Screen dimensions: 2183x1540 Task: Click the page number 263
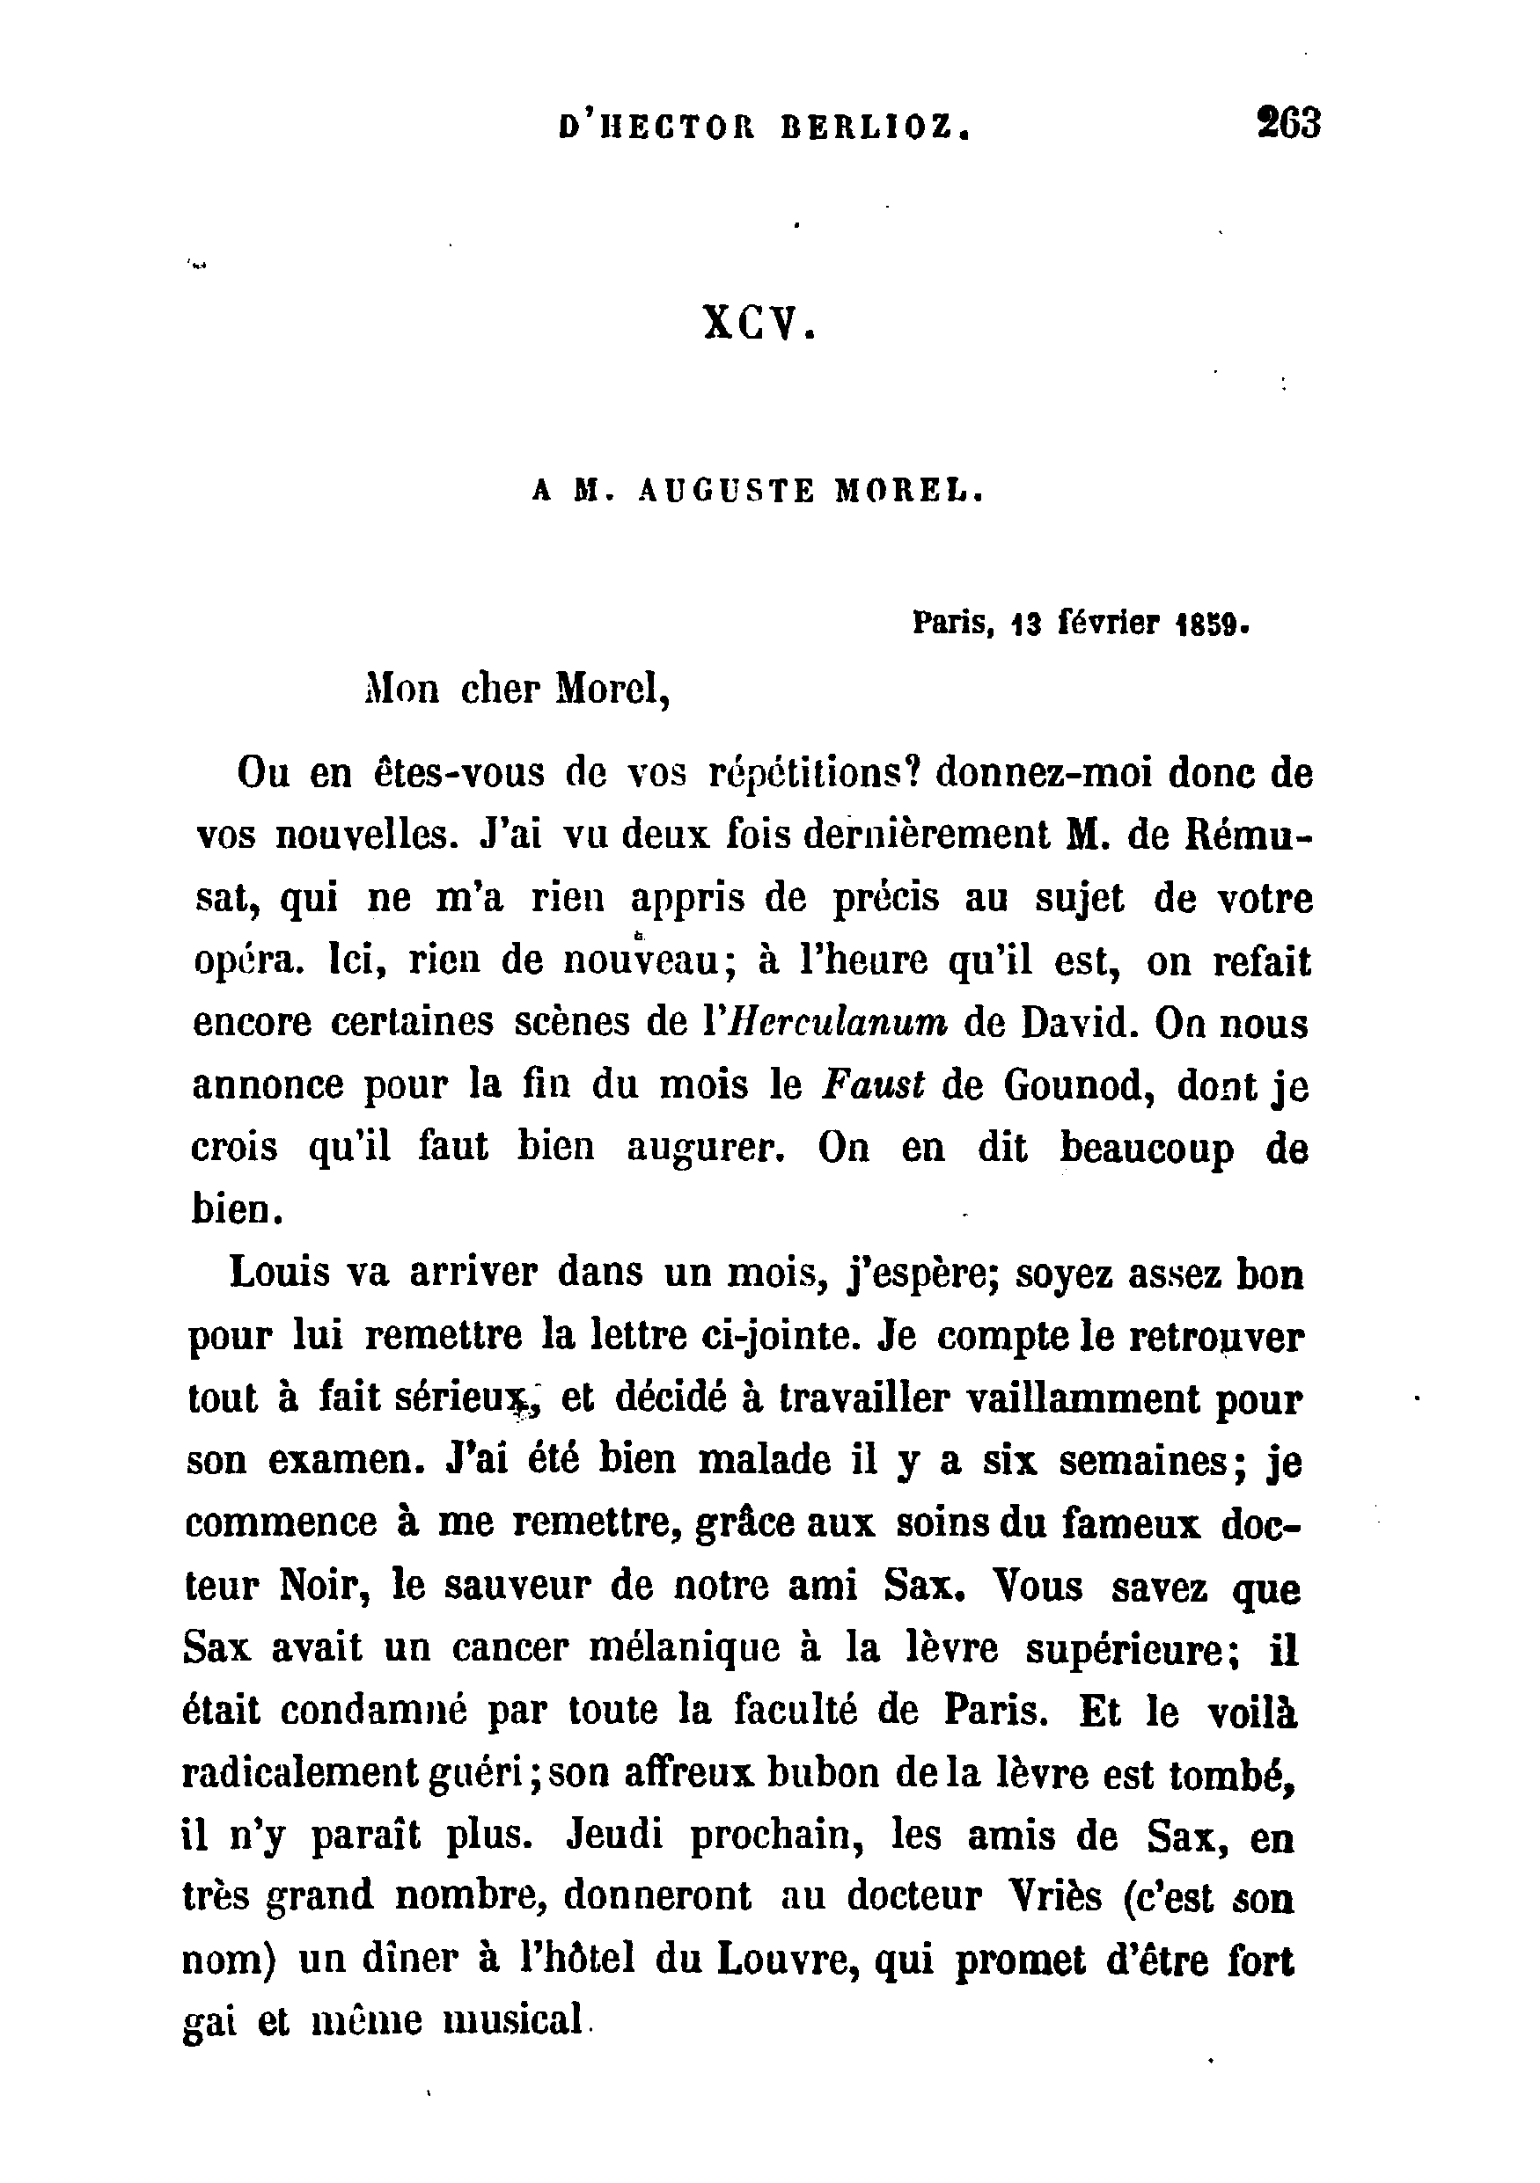tap(1289, 124)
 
